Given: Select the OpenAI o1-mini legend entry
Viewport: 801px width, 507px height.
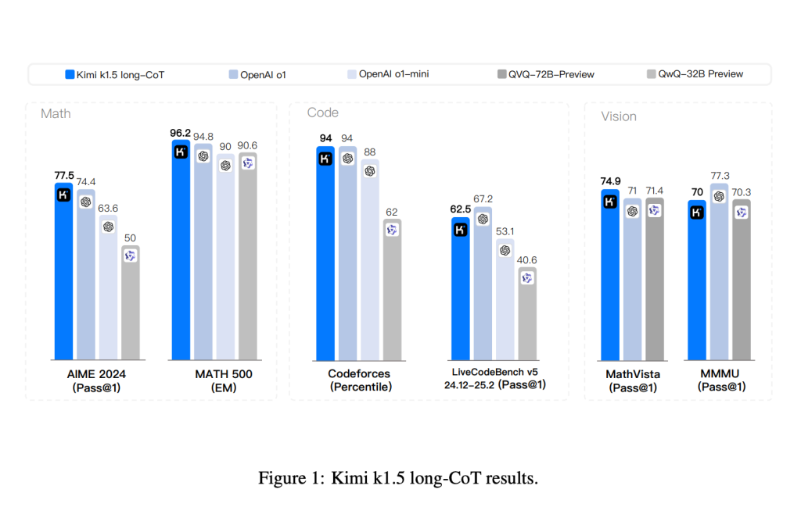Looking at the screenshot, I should pyautogui.click(x=388, y=74).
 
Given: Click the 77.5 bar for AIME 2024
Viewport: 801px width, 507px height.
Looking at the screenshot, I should pyautogui.click(x=63, y=273).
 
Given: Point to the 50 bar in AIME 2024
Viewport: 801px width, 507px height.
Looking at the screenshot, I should pyautogui.click(x=130, y=305).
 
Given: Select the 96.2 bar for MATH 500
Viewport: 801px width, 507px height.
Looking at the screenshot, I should pyautogui.click(x=180, y=250).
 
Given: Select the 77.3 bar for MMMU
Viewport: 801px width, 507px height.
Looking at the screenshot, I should pyautogui.click(x=719, y=273).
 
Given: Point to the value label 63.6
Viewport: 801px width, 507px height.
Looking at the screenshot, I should pyautogui.click(x=109, y=209).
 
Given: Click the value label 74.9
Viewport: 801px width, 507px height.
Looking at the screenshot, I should pyautogui.click(x=610, y=181).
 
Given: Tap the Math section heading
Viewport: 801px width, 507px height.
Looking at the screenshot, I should pyautogui.click(x=56, y=114).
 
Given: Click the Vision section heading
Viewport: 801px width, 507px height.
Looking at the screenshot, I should pyautogui.click(x=618, y=116).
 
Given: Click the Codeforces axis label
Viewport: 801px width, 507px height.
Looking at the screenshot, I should pyautogui.click(x=360, y=374).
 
